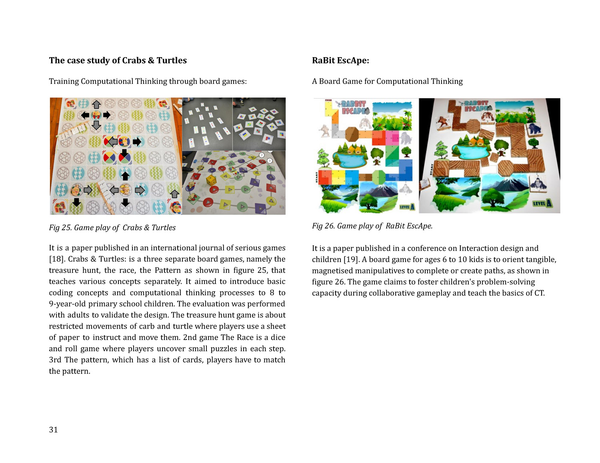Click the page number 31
tap(53, 430)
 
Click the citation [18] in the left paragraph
tap(56, 259)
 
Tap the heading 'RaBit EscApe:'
tap(340, 61)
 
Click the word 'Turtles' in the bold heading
tap(172, 61)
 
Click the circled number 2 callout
tap(262, 155)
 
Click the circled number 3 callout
tap(270, 161)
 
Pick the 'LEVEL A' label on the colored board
tap(407, 207)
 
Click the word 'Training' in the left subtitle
tap(64, 81)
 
